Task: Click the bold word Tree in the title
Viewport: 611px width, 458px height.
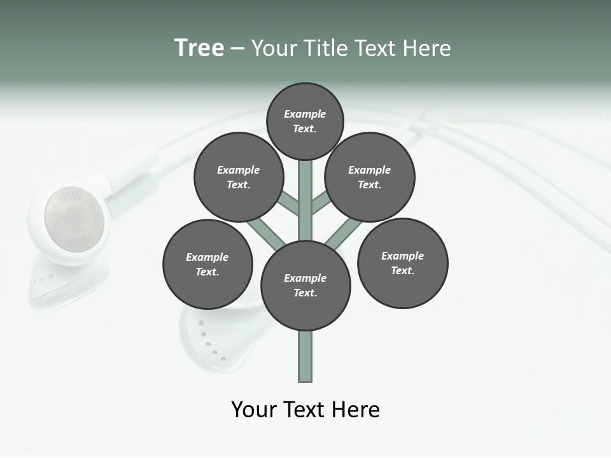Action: (199, 48)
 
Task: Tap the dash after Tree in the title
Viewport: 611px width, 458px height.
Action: (237, 49)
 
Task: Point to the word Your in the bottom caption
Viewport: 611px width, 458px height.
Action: (255, 409)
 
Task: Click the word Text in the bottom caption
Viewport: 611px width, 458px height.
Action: (305, 409)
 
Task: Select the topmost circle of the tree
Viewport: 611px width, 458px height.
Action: (305, 121)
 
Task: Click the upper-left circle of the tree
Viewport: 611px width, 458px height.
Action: (239, 177)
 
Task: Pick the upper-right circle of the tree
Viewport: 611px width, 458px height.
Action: (370, 177)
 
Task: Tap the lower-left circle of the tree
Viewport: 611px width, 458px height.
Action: (207, 264)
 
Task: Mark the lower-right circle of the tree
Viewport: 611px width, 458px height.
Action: (402, 263)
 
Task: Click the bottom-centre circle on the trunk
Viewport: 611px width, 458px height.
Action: (305, 285)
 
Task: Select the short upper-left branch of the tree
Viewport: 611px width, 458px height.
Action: (288, 203)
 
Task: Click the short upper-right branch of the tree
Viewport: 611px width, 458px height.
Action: (321, 202)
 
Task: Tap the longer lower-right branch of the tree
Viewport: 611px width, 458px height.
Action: (342, 233)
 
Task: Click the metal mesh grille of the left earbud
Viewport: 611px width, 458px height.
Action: (74, 219)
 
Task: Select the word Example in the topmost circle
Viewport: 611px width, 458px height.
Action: (305, 114)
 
